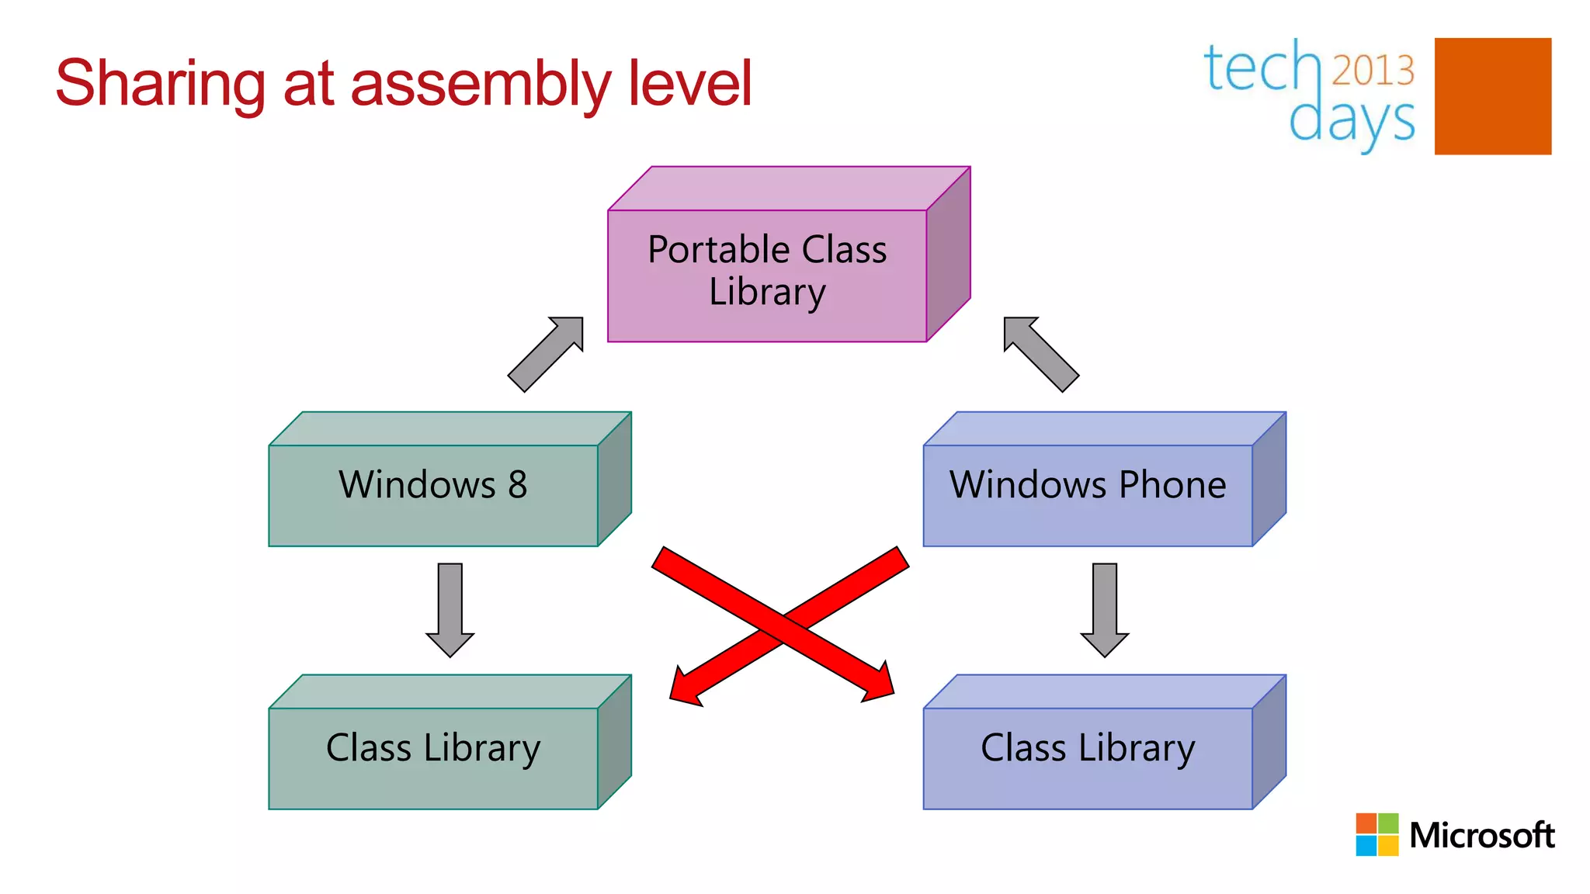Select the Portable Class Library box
click(x=767, y=272)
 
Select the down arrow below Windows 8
click(x=450, y=609)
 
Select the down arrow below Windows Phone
click(x=1105, y=609)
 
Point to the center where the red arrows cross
click(x=781, y=625)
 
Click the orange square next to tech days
click(x=1492, y=96)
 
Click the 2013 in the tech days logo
click(x=1373, y=71)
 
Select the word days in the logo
click(x=1352, y=120)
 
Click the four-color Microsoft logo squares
click(x=1376, y=834)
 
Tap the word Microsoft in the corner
click(x=1481, y=836)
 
